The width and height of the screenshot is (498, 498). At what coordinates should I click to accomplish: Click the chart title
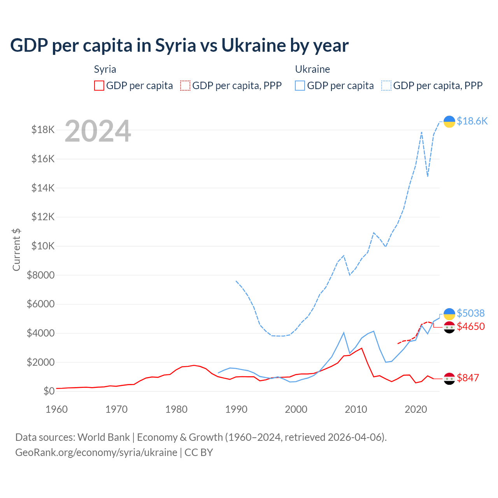coord(179,46)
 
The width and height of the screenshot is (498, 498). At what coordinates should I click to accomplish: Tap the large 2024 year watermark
coord(98,131)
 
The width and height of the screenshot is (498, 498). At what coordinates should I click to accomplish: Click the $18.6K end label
coord(472,121)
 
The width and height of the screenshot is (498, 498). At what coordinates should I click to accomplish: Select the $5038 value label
coord(470,313)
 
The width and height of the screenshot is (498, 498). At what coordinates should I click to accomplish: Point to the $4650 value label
coord(470,326)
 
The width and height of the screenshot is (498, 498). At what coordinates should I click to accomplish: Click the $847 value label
coord(468,378)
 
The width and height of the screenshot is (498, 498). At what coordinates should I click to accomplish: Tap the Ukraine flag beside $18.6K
coord(449,121)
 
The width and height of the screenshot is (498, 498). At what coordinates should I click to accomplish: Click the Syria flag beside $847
coord(449,378)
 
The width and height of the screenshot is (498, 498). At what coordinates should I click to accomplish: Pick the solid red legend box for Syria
coord(99,86)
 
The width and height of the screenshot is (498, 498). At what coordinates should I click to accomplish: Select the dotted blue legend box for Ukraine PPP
coord(386,86)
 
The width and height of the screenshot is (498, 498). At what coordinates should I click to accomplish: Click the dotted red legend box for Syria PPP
coord(186,86)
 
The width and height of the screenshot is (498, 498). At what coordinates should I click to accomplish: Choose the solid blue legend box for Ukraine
coord(300,86)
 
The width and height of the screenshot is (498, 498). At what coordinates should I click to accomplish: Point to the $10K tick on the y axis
coord(43,246)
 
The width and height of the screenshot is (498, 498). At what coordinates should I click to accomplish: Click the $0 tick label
coord(49,391)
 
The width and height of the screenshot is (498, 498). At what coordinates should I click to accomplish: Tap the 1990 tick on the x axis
coord(236,409)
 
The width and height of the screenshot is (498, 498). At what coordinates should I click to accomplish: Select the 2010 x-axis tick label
coord(356,409)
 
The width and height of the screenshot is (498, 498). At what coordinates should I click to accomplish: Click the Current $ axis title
coord(16,249)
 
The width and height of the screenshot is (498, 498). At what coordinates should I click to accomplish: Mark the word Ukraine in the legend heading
coord(312,69)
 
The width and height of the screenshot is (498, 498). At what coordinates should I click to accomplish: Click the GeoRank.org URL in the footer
coord(96,452)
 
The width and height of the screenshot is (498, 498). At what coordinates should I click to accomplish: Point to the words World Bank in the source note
coord(103,437)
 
